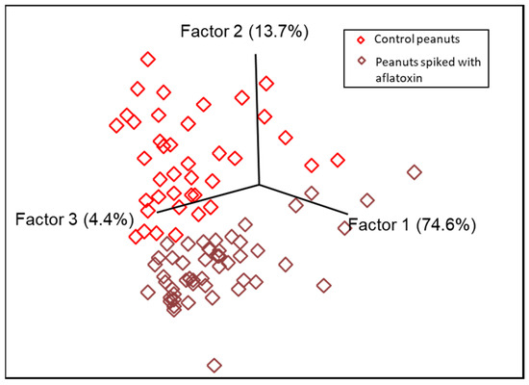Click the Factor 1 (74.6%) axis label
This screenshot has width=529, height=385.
pos(411,226)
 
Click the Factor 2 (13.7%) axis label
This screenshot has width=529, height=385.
pos(244,32)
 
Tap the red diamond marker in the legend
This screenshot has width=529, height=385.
pos(359,40)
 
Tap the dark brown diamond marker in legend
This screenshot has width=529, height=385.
pos(359,64)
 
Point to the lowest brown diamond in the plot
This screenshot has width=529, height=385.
pos(214,365)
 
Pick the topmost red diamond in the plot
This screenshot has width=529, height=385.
pos(147,60)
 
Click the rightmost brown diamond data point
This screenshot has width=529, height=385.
pos(415,172)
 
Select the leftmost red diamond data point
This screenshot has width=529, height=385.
pos(116,125)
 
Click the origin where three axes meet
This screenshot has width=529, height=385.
pos(259,185)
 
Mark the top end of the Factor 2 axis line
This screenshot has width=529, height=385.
pos(255,54)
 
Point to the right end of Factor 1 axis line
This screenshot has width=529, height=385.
pos(345,212)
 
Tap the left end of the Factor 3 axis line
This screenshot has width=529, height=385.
pos(157,211)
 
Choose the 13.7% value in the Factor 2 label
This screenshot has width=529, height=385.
pos(279,32)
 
